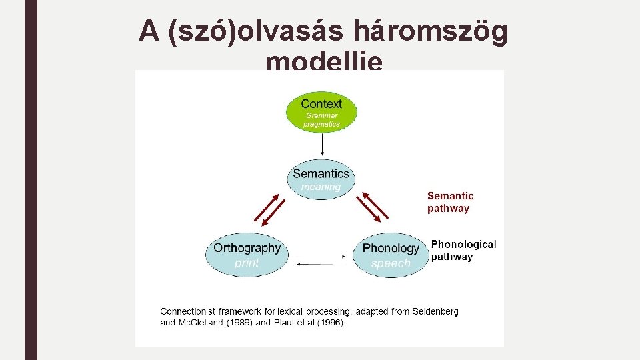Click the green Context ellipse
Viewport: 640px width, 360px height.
[322, 111]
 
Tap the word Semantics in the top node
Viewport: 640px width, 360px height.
[321, 174]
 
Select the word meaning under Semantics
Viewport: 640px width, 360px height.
[321, 187]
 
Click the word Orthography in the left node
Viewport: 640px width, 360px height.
[247, 248]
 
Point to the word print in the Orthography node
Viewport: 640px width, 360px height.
[247, 263]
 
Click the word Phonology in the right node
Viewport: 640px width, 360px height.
[391, 248]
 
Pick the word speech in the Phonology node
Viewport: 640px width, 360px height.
[391, 263]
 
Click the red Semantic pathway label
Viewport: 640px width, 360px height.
[451, 202]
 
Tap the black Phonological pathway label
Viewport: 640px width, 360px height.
[463, 251]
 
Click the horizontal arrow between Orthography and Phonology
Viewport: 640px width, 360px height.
[320, 264]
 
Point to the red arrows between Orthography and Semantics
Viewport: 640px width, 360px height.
[269, 210]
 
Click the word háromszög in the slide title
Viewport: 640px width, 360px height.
[433, 31]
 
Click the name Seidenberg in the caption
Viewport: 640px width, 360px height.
[434, 311]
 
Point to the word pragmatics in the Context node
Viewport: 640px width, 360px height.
[322, 124]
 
